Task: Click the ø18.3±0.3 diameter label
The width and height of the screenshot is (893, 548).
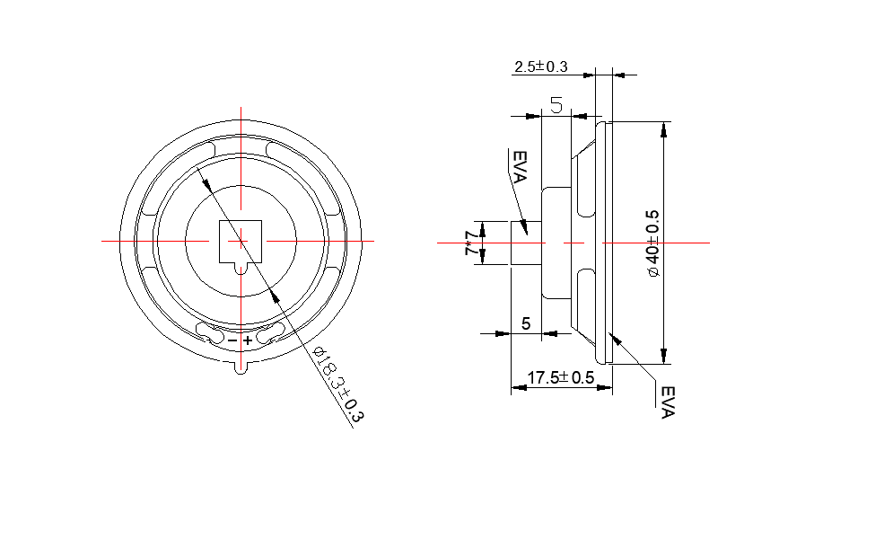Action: click(337, 385)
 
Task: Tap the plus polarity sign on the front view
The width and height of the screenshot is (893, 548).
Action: click(248, 340)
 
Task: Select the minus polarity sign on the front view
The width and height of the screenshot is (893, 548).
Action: click(232, 341)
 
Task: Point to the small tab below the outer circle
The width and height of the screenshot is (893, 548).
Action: click(240, 366)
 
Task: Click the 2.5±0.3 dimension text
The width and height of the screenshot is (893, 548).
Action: click(540, 66)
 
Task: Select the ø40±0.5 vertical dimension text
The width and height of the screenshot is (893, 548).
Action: click(653, 243)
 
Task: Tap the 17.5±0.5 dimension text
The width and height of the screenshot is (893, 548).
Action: click(560, 378)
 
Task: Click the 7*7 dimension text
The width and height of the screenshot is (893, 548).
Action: click(470, 243)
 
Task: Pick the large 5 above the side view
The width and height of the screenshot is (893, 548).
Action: click(556, 105)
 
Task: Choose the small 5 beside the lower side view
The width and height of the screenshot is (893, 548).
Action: click(526, 323)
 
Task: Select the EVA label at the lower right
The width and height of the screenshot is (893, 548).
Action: click(667, 402)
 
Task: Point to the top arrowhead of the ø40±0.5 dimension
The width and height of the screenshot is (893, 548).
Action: click(663, 128)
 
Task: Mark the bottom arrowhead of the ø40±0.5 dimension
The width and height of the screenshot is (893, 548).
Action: click(663, 357)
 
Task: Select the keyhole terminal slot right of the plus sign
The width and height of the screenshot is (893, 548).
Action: click(268, 336)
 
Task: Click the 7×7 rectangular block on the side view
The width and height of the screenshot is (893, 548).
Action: click(527, 243)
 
